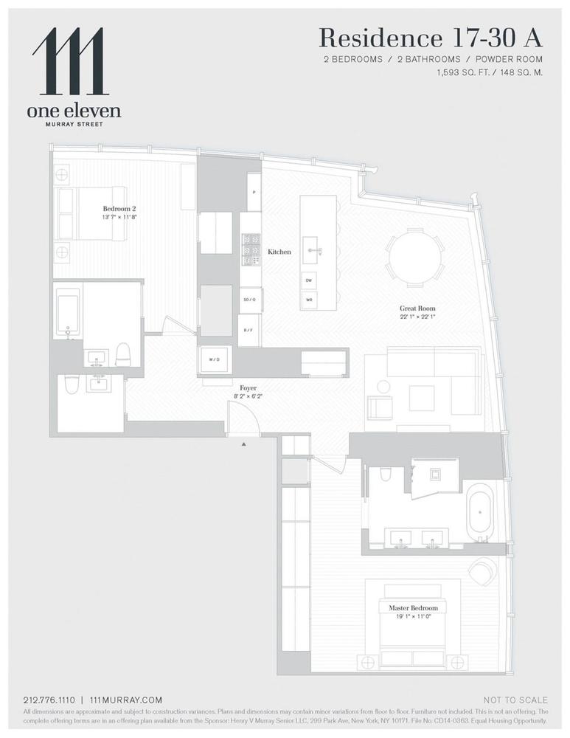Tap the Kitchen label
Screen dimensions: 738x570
pos(279,252)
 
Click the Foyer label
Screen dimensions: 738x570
pos(248,387)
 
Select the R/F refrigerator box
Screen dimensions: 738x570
pos(249,330)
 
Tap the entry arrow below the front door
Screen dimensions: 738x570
pos(243,444)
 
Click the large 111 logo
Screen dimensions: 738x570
pos(71,62)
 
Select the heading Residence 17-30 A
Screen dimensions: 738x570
pos(431,37)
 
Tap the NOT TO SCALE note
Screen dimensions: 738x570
pos(515,700)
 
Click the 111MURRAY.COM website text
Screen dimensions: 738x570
pos(125,700)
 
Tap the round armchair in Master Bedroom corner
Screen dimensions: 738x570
pos(484,570)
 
